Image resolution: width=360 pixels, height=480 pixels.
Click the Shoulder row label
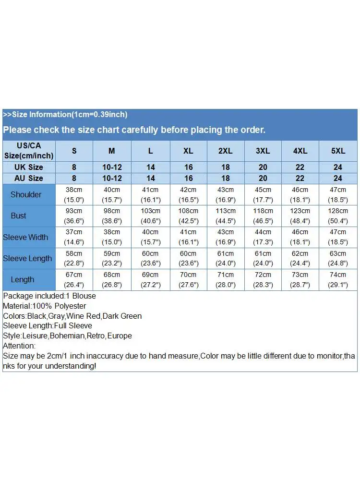tap(26, 194)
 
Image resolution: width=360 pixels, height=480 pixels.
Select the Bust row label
tap(19, 216)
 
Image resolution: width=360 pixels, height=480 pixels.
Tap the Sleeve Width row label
tap(25, 237)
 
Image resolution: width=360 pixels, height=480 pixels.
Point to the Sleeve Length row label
tap(27, 258)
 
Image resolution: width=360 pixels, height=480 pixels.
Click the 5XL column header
tap(338, 151)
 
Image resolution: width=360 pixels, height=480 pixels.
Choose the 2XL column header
tap(226, 151)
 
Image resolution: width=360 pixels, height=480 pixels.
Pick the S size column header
tap(74, 151)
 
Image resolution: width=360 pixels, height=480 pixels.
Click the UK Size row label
tap(29, 167)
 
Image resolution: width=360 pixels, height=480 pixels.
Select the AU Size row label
tap(29, 178)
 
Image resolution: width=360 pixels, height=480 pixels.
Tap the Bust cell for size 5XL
tap(338, 216)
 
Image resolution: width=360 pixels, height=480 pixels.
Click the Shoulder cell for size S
tap(74, 194)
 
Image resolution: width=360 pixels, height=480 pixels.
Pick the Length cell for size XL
tap(188, 279)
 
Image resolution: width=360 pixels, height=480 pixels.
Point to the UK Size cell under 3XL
tap(263, 167)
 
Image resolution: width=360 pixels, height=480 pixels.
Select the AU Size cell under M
tap(112, 178)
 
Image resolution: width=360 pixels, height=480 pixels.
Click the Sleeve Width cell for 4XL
tap(300, 237)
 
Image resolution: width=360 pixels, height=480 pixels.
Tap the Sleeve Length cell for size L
tap(151, 258)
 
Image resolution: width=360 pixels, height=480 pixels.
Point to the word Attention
tap(19, 346)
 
